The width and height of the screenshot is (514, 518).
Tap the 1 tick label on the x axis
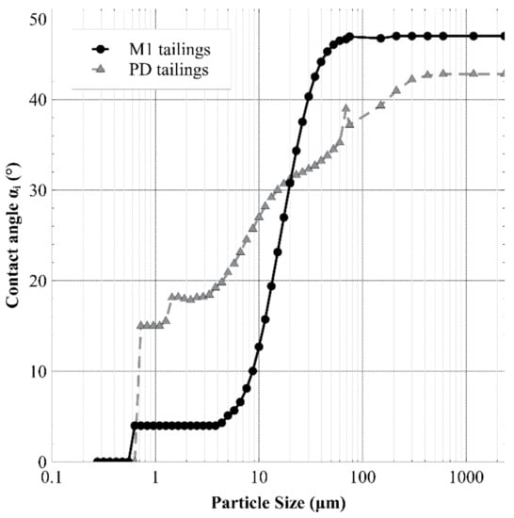[155, 478]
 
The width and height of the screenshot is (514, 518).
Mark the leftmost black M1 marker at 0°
[97, 461]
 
